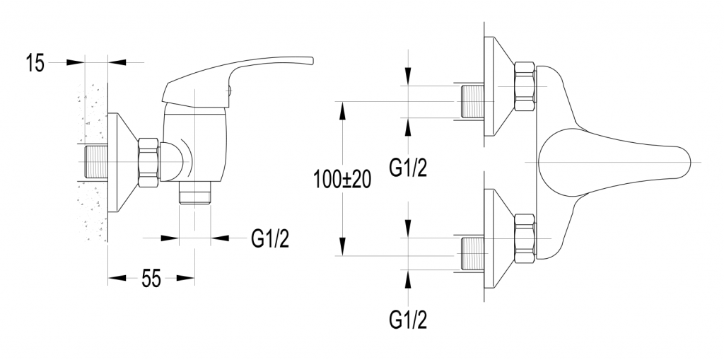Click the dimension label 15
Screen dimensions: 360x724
35,63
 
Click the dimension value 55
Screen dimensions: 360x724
150,279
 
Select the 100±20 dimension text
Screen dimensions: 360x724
343,180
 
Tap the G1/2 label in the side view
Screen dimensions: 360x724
270,239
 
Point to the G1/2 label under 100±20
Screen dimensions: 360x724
409,168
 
